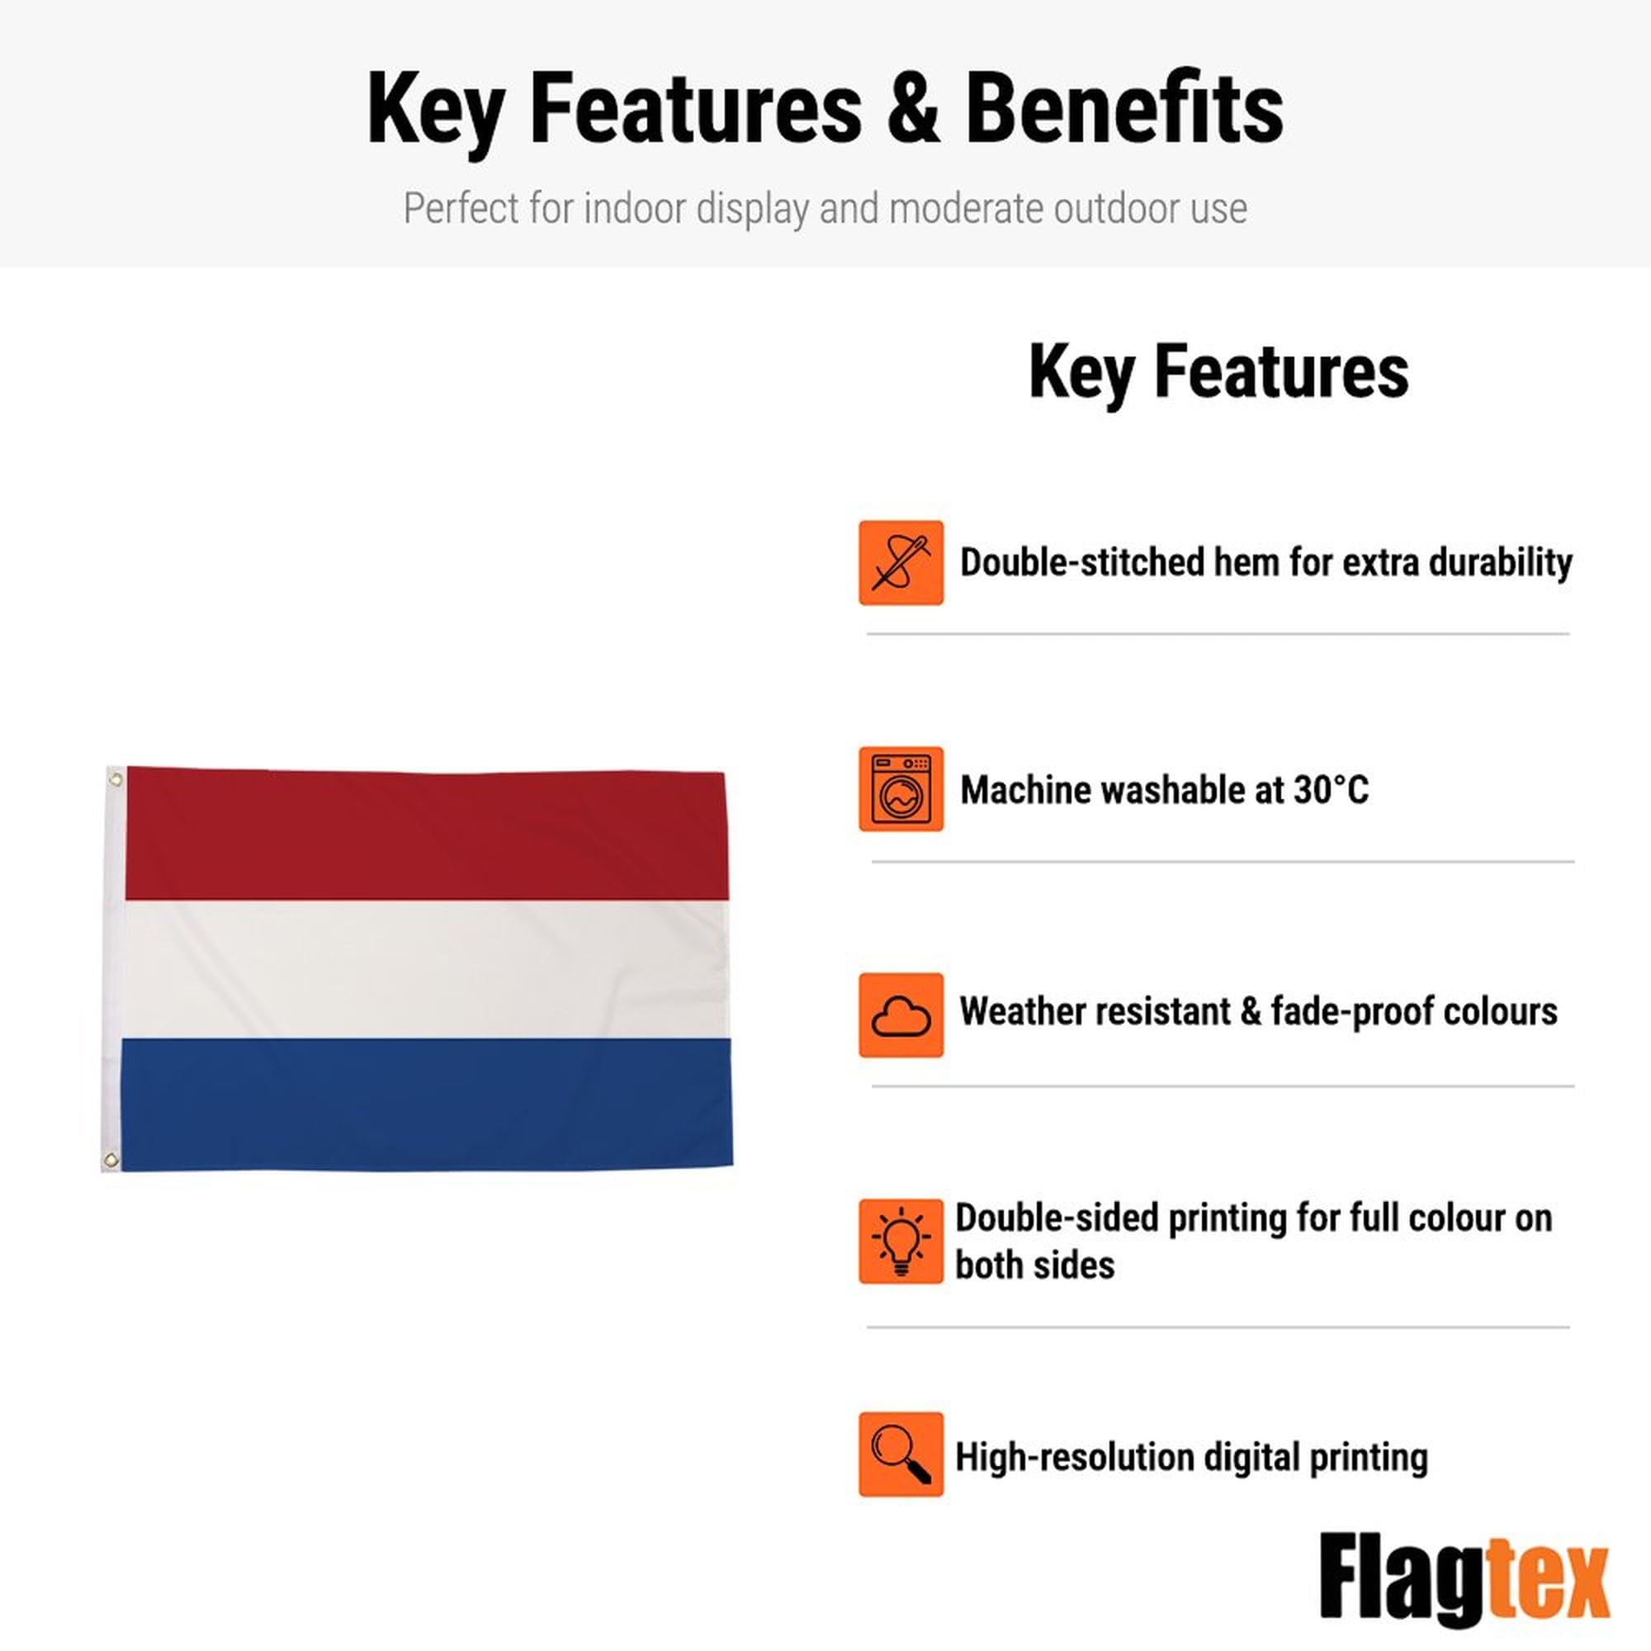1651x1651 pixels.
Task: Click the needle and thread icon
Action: (x=901, y=562)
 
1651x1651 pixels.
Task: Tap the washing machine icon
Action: (x=901, y=788)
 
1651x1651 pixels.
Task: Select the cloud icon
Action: (x=901, y=1015)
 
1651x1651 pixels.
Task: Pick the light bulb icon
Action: (x=901, y=1241)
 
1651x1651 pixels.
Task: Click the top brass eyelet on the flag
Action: (x=116, y=778)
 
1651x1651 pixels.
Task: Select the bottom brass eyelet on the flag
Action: (x=111, y=1160)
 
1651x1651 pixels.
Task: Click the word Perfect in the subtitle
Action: (x=461, y=208)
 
